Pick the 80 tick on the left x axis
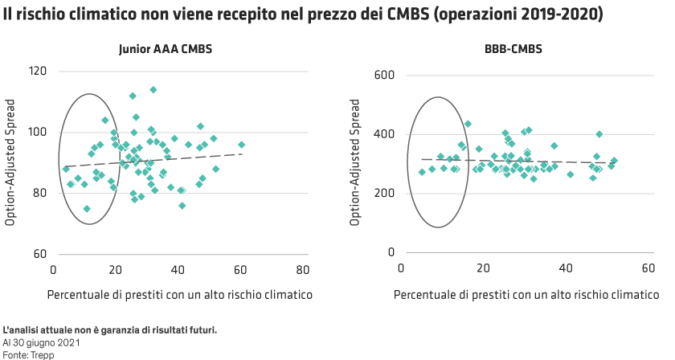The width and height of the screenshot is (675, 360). pos(302,269)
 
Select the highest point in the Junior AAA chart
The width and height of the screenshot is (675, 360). pos(153,90)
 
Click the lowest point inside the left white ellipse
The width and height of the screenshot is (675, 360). pos(87,209)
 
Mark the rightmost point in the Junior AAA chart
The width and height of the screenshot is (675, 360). pos(241,145)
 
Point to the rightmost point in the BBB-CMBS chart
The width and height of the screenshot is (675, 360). pos(615,161)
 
